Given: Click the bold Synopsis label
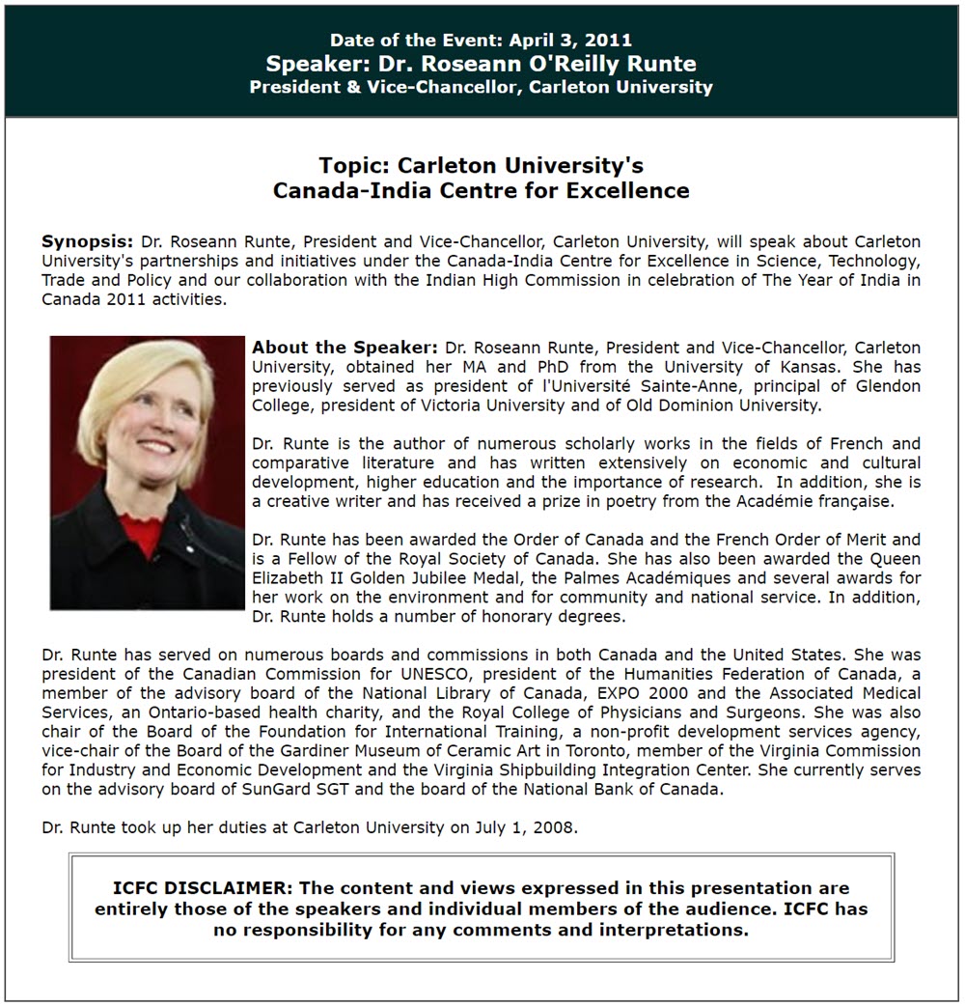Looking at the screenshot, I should coord(87,241).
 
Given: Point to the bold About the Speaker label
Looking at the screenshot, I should coord(345,348).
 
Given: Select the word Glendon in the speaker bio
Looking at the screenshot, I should coord(889,386).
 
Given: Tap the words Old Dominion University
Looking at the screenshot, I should coord(734,405).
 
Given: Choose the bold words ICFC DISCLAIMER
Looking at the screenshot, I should coord(200,888).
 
